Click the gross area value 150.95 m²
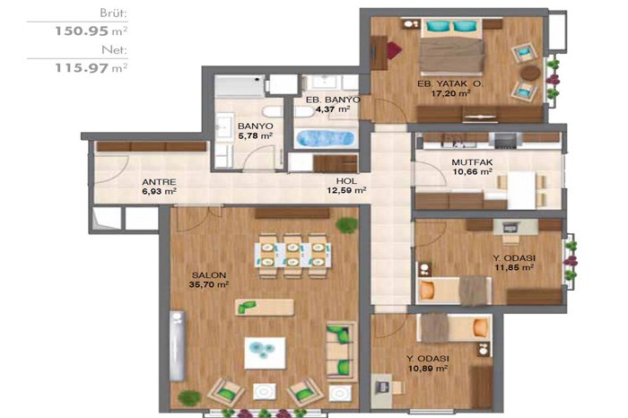(92, 30)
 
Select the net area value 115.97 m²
(92, 67)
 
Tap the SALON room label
(209, 275)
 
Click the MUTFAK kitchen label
(472, 162)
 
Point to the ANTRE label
(159, 182)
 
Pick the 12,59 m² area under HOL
(346, 190)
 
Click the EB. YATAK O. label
(450, 84)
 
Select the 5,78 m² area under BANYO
(256, 135)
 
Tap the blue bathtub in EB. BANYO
(325, 138)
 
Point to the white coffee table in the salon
(265, 353)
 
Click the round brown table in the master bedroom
(530, 73)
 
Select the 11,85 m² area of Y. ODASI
(514, 267)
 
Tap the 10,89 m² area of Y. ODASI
(428, 368)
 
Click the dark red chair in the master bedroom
(393, 50)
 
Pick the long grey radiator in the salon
(177, 345)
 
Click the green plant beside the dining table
(346, 225)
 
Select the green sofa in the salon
(341, 351)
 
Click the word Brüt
(113, 13)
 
